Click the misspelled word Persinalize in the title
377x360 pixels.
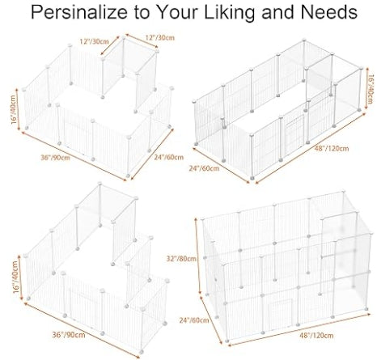point(79,12)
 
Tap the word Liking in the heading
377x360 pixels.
point(229,13)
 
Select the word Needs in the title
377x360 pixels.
point(329,12)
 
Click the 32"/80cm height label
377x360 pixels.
point(181,259)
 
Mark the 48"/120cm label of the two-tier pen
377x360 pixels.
point(316,335)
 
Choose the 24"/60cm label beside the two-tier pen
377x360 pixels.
point(194,320)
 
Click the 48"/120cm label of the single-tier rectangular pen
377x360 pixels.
point(332,148)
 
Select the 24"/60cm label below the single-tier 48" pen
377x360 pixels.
point(204,168)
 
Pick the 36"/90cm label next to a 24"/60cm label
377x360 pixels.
point(55,158)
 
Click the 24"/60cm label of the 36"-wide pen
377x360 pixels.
point(169,157)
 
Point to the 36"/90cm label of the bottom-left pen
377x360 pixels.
point(69,335)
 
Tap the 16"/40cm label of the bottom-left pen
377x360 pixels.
point(16,277)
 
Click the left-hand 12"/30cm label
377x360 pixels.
point(94,41)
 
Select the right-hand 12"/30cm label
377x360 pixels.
point(160,37)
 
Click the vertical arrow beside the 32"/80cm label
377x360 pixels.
point(197,256)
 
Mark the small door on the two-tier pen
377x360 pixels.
point(280,311)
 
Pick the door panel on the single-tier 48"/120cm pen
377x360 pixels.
point(294,133)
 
